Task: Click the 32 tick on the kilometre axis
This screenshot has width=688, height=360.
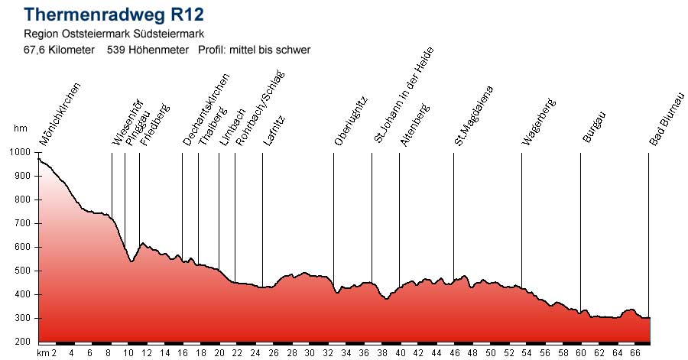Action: (328, 353)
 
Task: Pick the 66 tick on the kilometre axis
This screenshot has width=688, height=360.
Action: (634, 353)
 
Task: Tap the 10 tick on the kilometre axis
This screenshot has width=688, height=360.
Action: (127, 353)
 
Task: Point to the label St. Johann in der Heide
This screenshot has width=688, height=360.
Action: (404, 95)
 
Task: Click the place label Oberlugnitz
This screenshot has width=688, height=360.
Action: (352, 121)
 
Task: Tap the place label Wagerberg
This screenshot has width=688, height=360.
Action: (539, 122)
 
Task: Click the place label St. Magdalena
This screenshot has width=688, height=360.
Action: (474, 115)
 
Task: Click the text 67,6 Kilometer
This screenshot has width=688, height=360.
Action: (60, 50)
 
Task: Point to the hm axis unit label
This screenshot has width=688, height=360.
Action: (21, 129)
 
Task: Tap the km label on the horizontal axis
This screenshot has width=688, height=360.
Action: (43, 353)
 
